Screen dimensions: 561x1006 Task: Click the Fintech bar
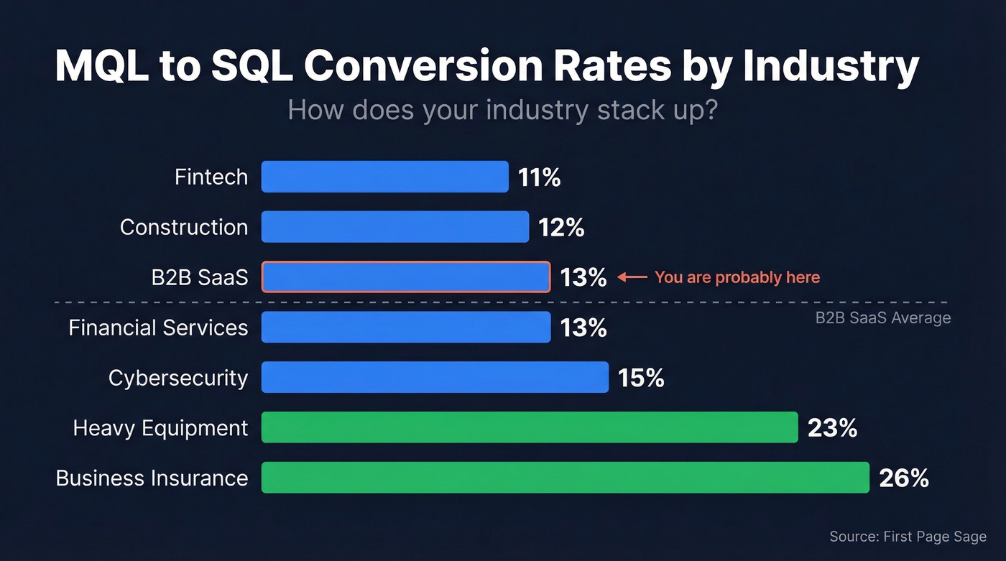[x=384, y=177]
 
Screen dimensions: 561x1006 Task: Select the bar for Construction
[x=394, y=227]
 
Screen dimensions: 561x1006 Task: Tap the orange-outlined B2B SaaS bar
[x=405, y=277]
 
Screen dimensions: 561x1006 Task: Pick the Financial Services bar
[x=405, y=328]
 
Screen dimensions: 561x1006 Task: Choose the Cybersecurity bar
[x=434, y=378]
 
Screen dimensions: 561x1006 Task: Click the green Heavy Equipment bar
[x=529, y=428]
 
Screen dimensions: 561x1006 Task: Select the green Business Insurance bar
[x=565, y=478]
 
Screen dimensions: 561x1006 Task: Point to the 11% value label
[x=539, y=177]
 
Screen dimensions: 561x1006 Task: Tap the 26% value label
[x=904, y=478]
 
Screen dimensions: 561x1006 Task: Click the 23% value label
[x=832, y=428]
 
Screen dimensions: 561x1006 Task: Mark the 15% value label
[x=641, y=378]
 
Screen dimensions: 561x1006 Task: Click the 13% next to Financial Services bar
[x=583, y=328]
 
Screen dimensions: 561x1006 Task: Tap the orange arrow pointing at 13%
[x=632, y=277]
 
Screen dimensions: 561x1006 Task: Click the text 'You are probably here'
[x=737, y=277]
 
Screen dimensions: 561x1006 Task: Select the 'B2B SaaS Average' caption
[x=882, y=318]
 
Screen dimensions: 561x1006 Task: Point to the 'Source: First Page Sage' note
[x=908, y=537]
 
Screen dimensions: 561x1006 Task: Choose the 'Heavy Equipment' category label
[x=160, y=429]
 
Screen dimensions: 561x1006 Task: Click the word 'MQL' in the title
[x=106, y=68]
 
